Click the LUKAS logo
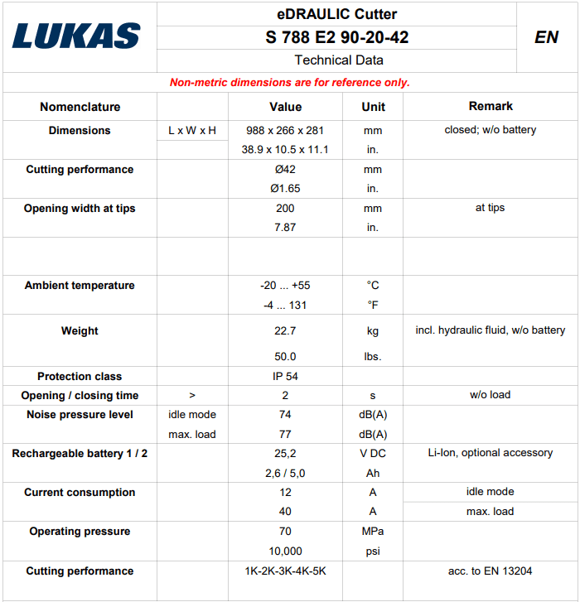click(76, 36)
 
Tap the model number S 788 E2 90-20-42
click(336, 37)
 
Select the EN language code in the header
click(546, 37)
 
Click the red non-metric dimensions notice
click(289, 82)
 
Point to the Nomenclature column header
click(80, 107)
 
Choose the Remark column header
click(491, 106)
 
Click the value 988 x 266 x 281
click(285, 130)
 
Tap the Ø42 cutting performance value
click(285, 169)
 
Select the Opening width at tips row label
click(80, 208)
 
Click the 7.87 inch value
click(285, 227)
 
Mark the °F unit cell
click(373, 305)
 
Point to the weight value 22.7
click(285, 330)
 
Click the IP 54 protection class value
click(285, 376)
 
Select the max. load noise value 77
click(285, 434)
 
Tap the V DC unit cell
click(373, 453)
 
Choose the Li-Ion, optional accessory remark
click(491, 453)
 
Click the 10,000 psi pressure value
click(285, 551)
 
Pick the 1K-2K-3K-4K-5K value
click(285, 571)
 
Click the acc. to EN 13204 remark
click(491, 571)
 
